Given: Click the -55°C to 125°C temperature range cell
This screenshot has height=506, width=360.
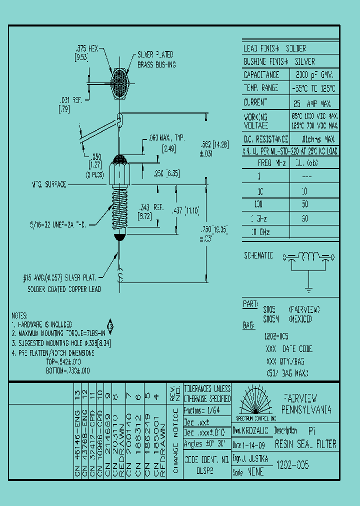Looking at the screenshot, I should pos(314,88).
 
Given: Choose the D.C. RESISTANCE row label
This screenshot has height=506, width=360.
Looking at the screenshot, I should pos(265,139).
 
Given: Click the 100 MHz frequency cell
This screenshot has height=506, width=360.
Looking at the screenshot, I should pos(259,204).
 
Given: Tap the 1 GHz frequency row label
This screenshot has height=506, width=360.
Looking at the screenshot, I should pos(259,218).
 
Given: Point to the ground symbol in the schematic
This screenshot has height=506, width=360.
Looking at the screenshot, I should pos(309,289).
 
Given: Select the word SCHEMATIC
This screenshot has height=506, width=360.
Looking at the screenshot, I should pos(258,255).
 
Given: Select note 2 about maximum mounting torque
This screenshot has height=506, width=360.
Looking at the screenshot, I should pos(58,333).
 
